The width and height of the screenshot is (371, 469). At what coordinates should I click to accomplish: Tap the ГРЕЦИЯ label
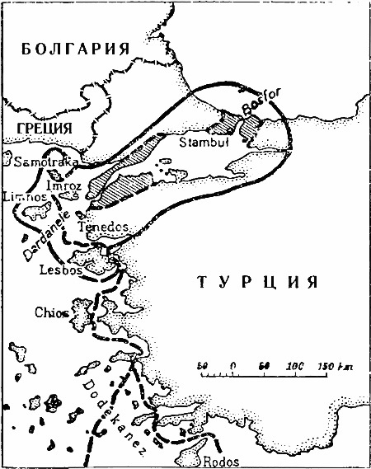(x=40, y=128)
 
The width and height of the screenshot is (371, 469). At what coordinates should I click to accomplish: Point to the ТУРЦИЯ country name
(x=257, y=283)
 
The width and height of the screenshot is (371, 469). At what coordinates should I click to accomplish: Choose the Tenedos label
(x=102, y=225)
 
